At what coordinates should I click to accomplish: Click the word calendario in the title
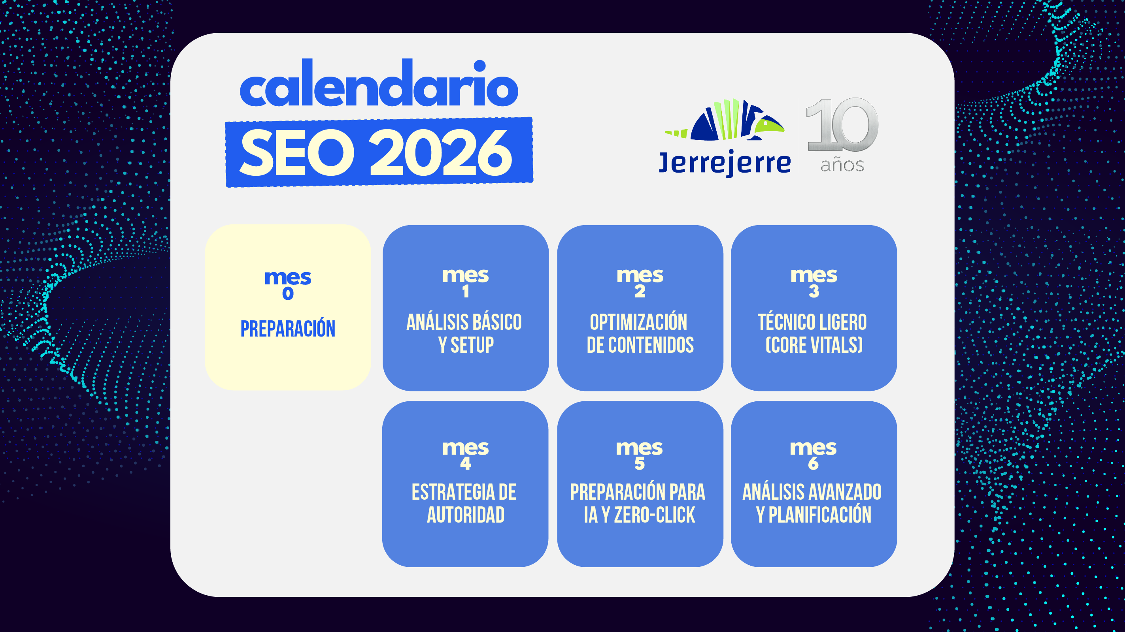pos(379,85)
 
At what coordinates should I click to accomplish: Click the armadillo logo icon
pos(725,120)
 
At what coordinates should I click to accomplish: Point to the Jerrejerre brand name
pos(725,163)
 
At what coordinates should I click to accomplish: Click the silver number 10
pos(842,125)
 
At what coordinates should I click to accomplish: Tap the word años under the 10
pos(842,166)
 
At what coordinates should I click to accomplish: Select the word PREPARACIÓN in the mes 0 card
pos(288,329)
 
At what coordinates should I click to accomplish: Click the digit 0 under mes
pos(288,294)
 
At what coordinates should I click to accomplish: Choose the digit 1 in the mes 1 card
pos(466,291)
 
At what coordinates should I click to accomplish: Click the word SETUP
pos(472,345)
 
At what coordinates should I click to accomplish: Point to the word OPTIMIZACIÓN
pos(638,323)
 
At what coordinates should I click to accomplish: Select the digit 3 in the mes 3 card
pos(814,291)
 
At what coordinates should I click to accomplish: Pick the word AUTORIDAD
pos(466,515)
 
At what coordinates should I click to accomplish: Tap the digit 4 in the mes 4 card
pos(466,463)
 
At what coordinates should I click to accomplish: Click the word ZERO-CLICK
pos(654,515)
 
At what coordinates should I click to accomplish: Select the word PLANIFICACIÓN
pos(820,515)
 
